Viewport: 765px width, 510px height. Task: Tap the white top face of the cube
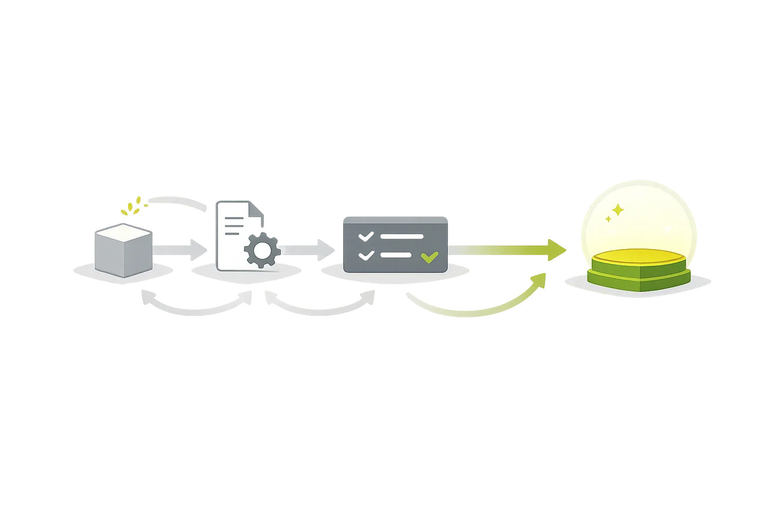(123, 233)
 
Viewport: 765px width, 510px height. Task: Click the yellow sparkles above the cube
(133, 207)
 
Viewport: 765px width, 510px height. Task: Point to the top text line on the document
(234, 218)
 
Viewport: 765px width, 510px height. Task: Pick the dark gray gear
(262, 250)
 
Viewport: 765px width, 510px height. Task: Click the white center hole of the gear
(262, 250)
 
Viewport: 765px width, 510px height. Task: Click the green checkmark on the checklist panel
(429, 257)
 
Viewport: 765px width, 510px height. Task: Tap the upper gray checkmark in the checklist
(366, 236)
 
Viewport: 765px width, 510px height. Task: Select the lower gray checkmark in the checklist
(366, 255)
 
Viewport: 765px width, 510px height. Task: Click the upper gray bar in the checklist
(401, 237)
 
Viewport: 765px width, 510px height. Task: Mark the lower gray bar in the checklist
(395, 255)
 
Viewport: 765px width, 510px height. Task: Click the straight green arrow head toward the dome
(561, 249)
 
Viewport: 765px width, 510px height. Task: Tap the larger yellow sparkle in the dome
(618, 210)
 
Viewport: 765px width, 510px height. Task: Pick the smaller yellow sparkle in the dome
(608, 219)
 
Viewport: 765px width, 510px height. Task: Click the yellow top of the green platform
(638, 257)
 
